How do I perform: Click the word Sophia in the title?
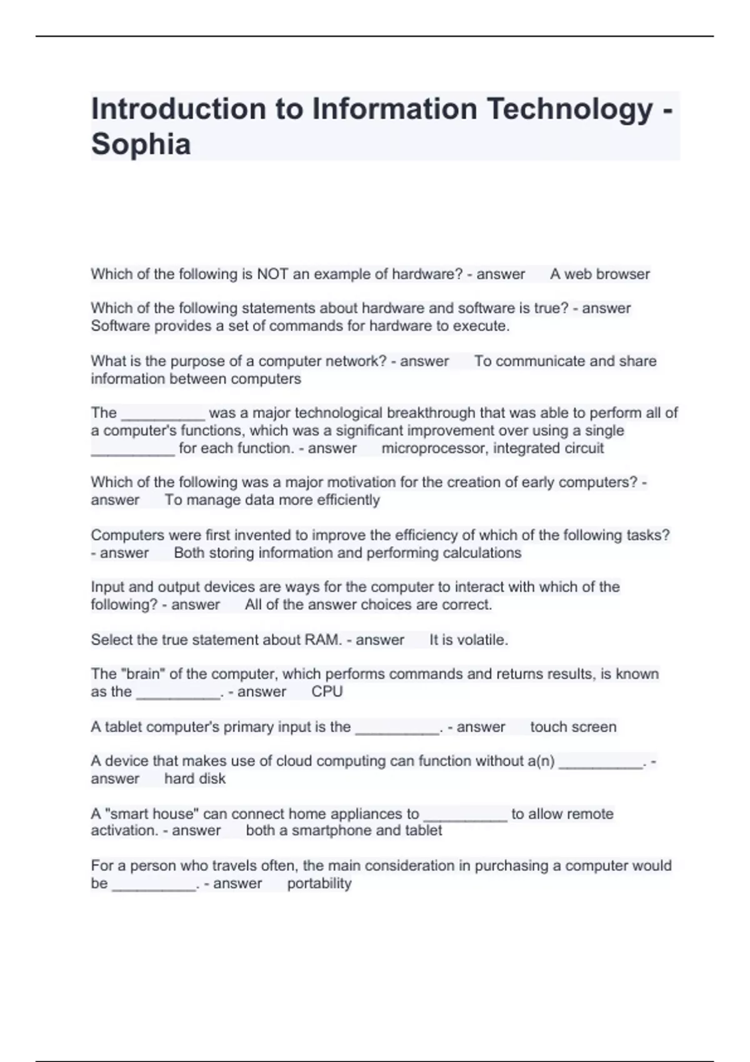pyautogui.click(x=141, y=144)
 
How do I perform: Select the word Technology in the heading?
pyautogui.click(x=569, y=109)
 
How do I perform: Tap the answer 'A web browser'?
pyautogui.click(x=599, y=274)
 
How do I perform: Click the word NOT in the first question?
pyautogui.click(x=272, y=274)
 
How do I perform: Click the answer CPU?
pyautogui.click(x=327, y=692)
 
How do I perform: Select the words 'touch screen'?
pyautogui.click(x=573, y=727)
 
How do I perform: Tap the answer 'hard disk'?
pyautogui.click(x=194, y=778)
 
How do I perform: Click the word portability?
pyautogui.click(x=319, y=883)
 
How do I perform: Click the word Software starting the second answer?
pyautogui.click(x=120, y=326)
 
